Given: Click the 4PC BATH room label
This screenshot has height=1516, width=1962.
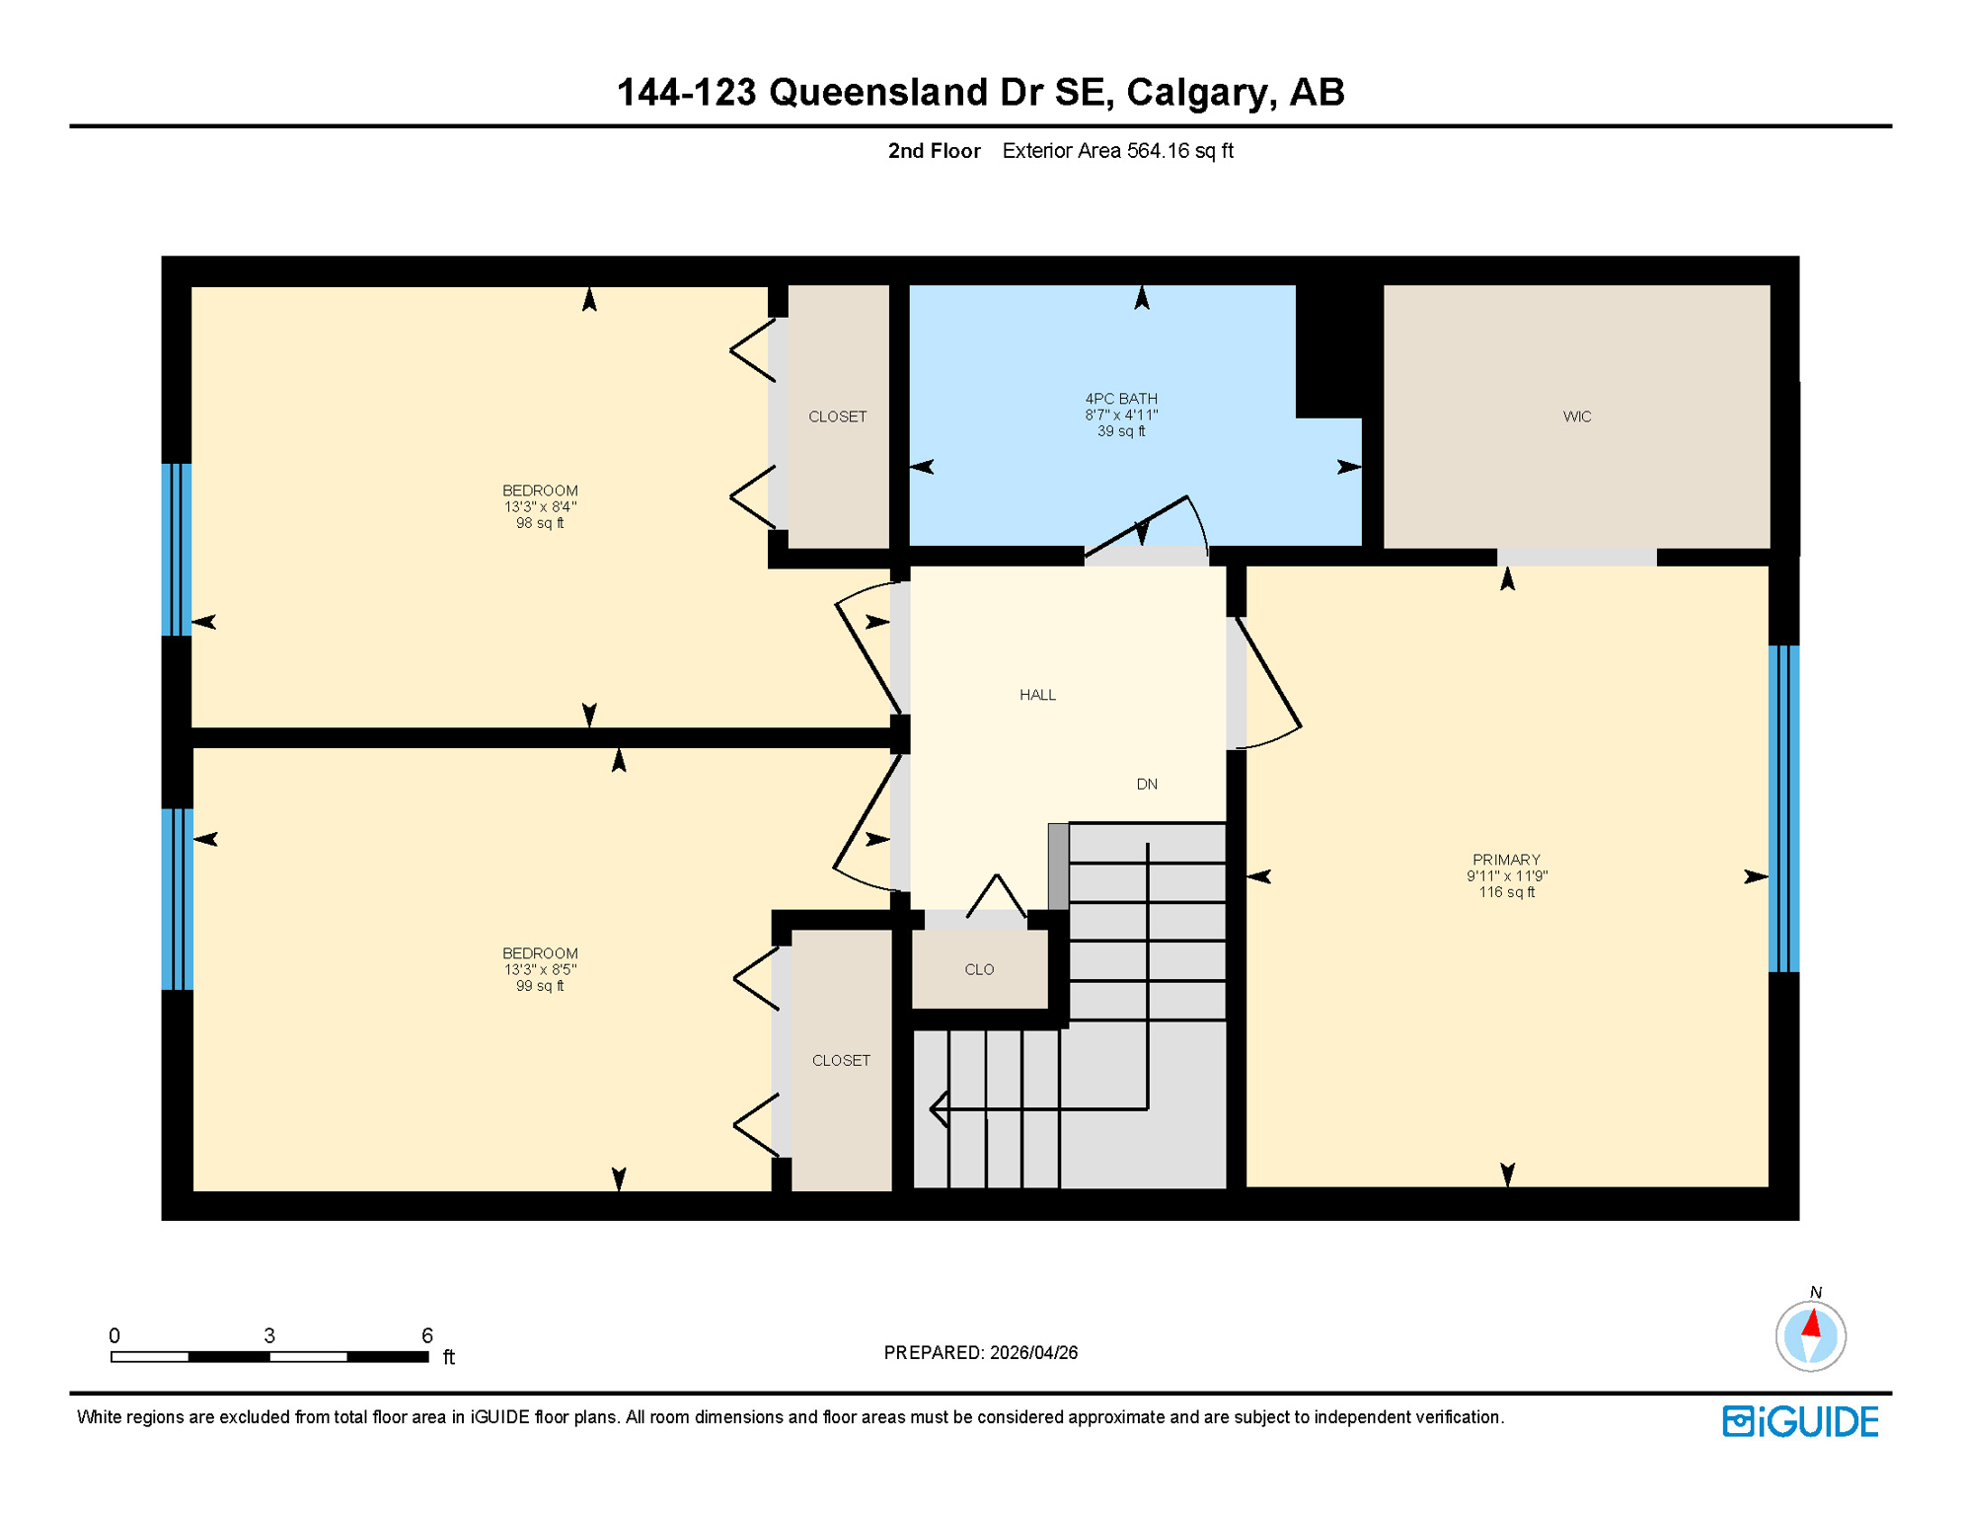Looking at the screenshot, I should pos(1121,399).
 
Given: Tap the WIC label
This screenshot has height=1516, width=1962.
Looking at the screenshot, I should pos(1576,417).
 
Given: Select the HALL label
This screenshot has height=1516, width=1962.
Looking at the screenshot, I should pos(1037,695).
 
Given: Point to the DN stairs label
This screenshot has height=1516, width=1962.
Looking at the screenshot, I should pos(1146,785).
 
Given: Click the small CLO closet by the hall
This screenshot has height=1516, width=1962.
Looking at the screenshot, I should pos(979,969).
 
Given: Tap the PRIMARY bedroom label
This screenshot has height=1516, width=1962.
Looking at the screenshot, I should pos(1505,860).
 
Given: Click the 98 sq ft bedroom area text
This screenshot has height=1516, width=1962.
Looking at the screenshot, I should pos(540,523).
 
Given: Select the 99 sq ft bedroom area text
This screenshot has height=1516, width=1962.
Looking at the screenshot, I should pos(540,986).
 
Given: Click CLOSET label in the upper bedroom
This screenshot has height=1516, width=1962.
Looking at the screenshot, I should pos(837,417).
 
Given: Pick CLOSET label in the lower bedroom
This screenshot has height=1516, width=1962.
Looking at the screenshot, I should pos(841,1060).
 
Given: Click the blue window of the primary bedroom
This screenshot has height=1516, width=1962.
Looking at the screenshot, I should pos(1782,808).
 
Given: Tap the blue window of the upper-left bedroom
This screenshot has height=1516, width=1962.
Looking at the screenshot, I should pos(177,549).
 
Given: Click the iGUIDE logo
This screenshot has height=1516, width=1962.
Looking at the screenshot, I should pos(1800,1421).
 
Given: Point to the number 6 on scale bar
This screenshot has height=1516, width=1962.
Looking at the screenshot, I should pos(426,1335).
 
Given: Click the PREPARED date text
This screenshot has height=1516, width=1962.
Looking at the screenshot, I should pos(980,1352).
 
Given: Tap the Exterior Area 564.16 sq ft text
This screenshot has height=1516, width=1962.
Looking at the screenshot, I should pos(1117,151).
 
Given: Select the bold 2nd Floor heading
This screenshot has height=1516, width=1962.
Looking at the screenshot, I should pos(934,151).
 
